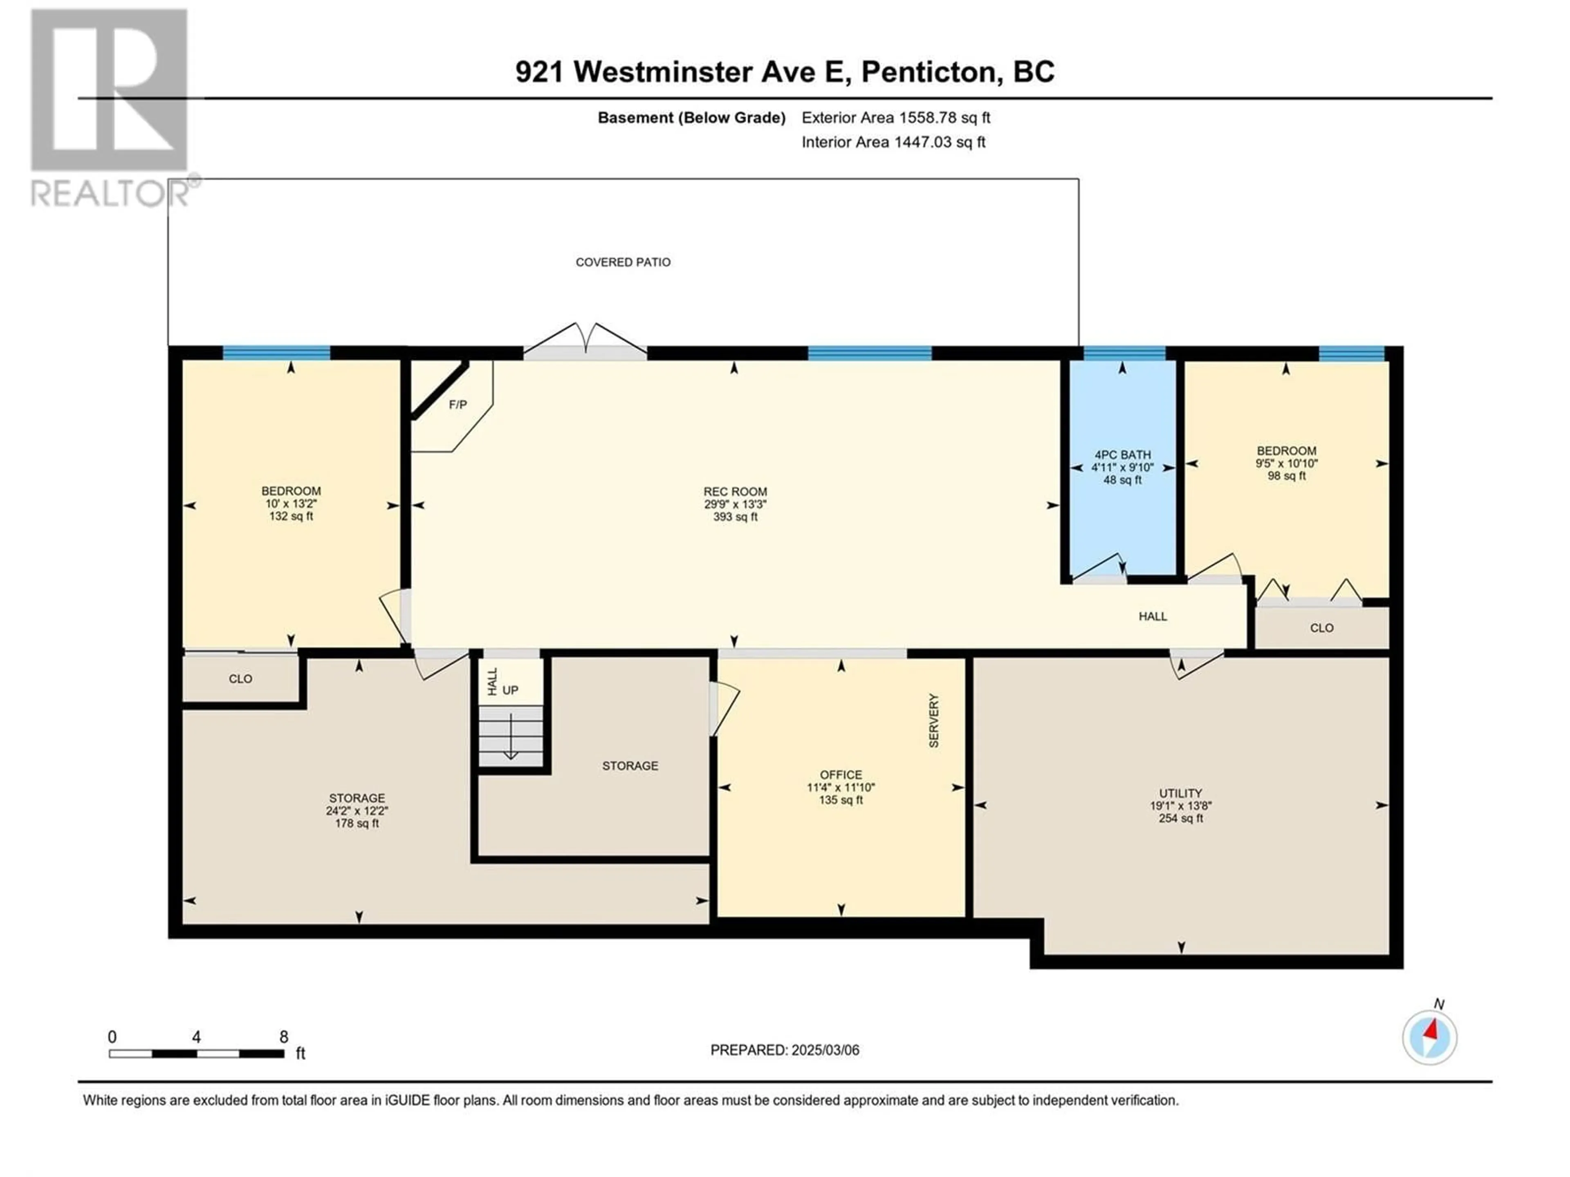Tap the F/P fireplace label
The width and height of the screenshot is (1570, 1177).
pyautogui.click(x=458, y=405)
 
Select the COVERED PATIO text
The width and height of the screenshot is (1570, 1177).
pyautogui.click(x=623, y=262)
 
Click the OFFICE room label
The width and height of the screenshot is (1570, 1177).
pyautogui.click(x=841, y=775)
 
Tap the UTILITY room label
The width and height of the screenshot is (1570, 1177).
pyautogui.click(x=1180, y=793)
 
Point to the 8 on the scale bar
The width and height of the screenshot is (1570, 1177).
pyautogui.click(x=284, y=1037)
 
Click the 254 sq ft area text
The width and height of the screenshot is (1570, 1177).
pyautogui.click(x=1180, y=819)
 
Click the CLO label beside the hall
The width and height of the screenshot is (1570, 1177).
pyautogui.click(x=1321, y=628)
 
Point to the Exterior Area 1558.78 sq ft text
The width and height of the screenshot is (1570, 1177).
pyautogui.click(x=896, y=118)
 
